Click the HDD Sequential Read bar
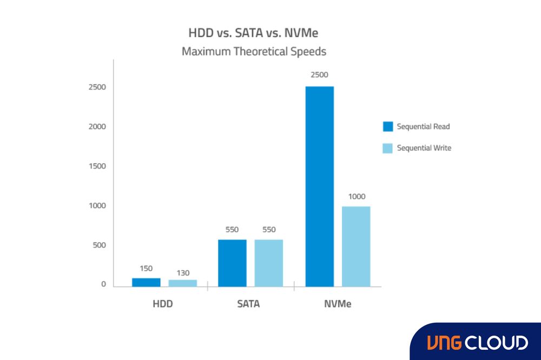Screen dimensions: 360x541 click(146, 282)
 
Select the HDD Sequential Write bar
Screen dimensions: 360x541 click(182, 283)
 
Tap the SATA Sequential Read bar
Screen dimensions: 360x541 click(232, 263)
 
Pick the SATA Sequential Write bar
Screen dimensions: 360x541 click(268, 263)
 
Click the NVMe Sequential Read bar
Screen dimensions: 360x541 click(319, 186)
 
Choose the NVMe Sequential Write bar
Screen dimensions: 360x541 click(356, 246)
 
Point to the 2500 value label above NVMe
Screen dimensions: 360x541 click(319, 75)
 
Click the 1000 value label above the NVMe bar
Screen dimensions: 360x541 click(357, 196)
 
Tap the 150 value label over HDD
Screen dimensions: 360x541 click(146, 268)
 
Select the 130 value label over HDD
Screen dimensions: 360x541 click(182, 273)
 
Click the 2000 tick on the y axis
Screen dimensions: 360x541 click(97, 126)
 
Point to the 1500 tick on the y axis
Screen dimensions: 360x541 click(97, 166)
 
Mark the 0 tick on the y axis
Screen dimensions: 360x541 click(103, 284)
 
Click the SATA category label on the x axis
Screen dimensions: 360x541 click(248, 304)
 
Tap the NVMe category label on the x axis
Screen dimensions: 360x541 click(338, 304)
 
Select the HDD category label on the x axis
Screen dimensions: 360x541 click(162, 304)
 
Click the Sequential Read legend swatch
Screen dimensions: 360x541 click(387, 126)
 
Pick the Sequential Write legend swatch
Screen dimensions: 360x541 click(387, 148)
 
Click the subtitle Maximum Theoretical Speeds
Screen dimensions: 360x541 click(254, 52)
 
